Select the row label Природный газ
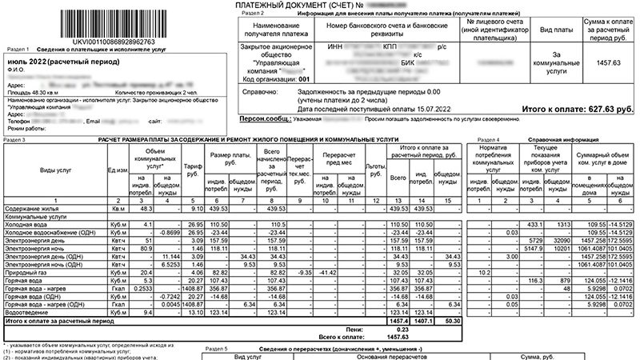tap(28, 272)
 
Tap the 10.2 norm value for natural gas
tap(482, 272)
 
